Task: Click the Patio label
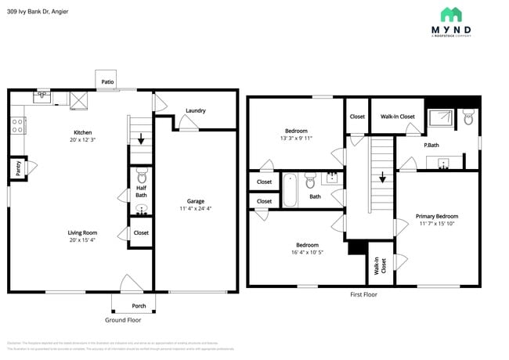tap(107, 80)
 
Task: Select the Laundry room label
tap(195, 110)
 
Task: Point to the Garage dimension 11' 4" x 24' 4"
tap(195, 209)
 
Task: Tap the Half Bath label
tap(141, 191)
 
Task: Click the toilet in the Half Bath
tap(142, 177)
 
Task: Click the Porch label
tap(139, 305)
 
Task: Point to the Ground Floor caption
tap(123, 320)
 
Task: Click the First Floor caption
tap(363, 294)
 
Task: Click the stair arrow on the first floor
tap(382, 178)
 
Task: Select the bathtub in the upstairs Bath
tap(290, 189)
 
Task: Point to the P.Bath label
tap(431, 145)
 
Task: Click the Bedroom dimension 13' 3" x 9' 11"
tap(296, 139)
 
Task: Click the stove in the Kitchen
tap(17, 124)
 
